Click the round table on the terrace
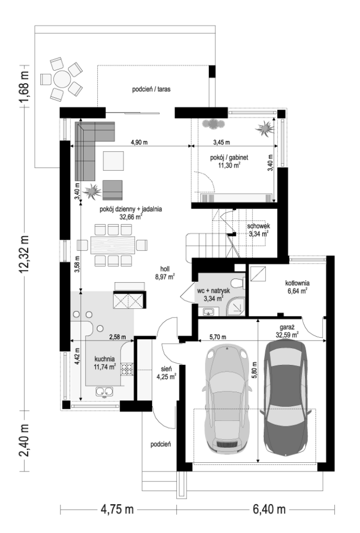coord(61,79)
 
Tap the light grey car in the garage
coord(226,398)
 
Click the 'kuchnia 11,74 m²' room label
coord(105,362)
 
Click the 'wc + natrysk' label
coord(214,291)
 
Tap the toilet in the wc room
coord(237,283)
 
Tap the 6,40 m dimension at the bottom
coord(269,509)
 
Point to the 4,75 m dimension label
coord(116,509)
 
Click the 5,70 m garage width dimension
coord(218,337)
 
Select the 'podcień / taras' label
coord(151,89)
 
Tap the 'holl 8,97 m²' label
coord(165,272)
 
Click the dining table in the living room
coord(113,244)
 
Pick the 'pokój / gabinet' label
coord(229,157)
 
